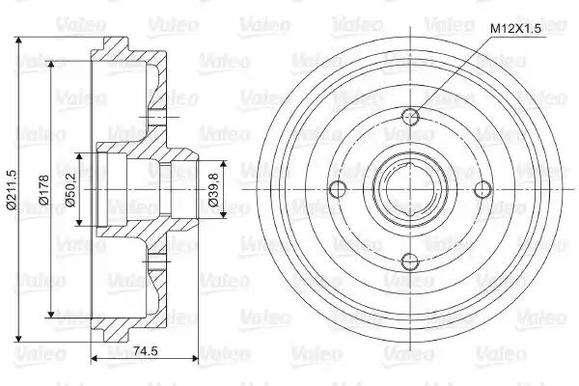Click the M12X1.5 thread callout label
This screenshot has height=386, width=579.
[515, 28]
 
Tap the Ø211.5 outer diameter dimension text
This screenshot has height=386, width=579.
[12, 190]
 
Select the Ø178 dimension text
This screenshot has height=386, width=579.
[43, 190]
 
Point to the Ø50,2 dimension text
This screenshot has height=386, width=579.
[70, 190]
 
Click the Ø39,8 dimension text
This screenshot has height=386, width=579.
[213, 190]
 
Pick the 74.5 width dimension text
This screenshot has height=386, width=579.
[145, 350]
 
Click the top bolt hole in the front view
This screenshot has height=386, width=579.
[411, 118]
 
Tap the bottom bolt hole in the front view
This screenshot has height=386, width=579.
[411, 262]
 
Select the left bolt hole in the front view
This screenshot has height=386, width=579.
[338, 189]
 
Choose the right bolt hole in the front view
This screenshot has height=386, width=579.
[483, 189]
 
